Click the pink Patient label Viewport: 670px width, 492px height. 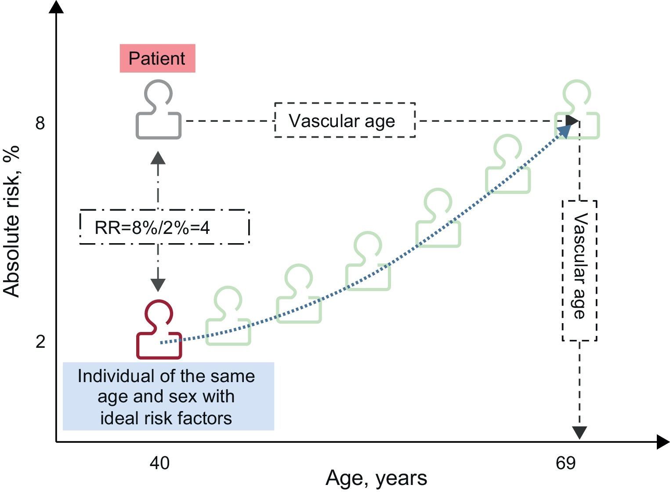click(x=157, y=58)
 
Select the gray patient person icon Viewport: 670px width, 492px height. click(x=158, y=110)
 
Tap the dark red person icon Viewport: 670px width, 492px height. click(x=159, y=330)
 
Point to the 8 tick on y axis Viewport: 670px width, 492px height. click(x=40, y=124)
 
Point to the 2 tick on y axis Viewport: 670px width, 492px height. click(x=40, y=342)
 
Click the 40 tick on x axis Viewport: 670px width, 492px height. click(x=159, y=463)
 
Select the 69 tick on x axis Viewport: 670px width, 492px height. click(x=565, y=463)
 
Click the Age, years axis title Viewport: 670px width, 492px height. click(x=376, y=478)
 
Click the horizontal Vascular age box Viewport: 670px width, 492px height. click(x=345, y=120)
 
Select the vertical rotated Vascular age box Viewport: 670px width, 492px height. click(x=579, y=270)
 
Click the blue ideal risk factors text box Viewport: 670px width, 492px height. click(x=168, y=396)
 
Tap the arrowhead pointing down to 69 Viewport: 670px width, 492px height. click(x=579, y=433)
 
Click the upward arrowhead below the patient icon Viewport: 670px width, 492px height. click(x=158, y=157)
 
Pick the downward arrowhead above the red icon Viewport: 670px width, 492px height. click(x=158, y=285)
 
